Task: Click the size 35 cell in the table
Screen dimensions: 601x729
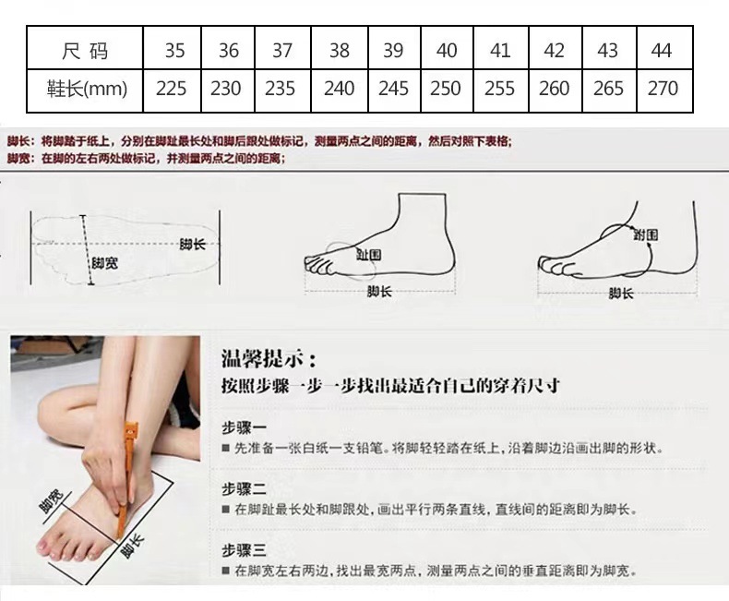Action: tap(174, 50)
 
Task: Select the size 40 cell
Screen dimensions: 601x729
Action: tap(447, 50)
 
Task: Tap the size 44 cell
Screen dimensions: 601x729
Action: tap(661, 50)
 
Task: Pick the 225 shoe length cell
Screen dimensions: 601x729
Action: tap(172, 89)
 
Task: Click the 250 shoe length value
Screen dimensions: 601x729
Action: tap(446, 89)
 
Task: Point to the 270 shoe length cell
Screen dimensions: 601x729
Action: tap(663, 89)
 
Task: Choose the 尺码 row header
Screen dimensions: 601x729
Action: tap(84, 50)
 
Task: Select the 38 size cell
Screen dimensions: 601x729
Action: tap(340, 50)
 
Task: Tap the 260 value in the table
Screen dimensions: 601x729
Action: tap(554, 89)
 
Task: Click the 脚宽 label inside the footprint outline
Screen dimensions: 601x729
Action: tap(103, 263)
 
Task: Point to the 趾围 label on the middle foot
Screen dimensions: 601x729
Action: tap(369, 254)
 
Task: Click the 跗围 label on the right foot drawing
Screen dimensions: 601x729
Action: tap(646, 235)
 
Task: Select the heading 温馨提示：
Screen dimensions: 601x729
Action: tap(269, 358)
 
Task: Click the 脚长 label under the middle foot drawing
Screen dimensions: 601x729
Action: tap(379, 292)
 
